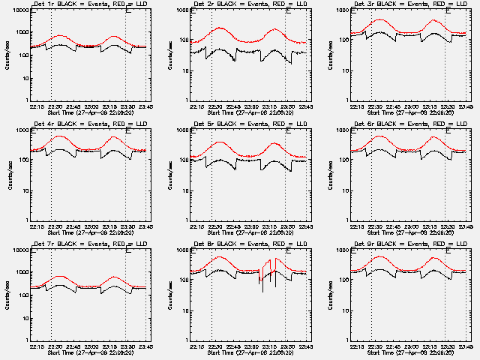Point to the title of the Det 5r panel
click(x=249, y=124)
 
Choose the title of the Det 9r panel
click(x=409, y=244)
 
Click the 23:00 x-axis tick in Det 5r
click(x=252, y=226)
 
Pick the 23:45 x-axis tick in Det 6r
click(x=466, y=226)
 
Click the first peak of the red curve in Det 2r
click(x=220, y=28)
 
